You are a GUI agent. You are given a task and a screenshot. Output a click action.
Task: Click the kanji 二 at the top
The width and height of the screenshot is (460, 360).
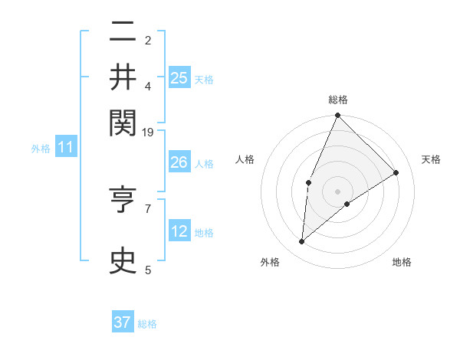tap(123, 32)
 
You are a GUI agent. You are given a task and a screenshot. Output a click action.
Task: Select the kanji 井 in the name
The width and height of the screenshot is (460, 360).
tap(123, 77)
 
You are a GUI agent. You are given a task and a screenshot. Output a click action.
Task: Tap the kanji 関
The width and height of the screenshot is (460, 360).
tap(123, 121)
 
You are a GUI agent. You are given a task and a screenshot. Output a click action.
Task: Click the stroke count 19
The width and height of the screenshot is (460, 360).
tap(148, 133)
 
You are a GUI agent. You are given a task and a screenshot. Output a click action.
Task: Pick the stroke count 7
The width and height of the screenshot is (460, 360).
tap(148, 208)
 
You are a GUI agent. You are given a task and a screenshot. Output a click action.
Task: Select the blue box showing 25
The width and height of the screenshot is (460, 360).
tap(179, 78)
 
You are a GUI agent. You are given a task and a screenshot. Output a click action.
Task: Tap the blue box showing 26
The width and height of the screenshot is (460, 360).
tap(179, 162)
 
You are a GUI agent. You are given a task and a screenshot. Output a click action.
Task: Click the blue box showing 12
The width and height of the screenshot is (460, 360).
tap(179, 231)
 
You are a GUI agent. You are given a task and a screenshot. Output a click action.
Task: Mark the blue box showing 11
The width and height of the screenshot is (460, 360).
tap(65, 148)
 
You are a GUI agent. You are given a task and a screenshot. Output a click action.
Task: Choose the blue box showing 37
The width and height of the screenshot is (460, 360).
tap(123, 322)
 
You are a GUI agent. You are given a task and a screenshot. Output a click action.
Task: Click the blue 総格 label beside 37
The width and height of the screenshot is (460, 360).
tap(147, 324)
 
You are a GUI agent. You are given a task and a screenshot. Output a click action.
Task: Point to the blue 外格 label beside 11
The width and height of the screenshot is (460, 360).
tap(41, 149)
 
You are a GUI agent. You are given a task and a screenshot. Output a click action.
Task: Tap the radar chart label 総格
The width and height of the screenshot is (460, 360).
tap(338, 100)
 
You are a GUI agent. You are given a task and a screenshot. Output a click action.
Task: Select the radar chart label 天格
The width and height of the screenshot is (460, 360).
tap(431, 159)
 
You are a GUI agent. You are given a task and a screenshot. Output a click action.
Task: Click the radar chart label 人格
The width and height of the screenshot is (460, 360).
tap(245, 159)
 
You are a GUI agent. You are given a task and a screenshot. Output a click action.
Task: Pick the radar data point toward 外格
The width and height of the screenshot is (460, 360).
tap(302, 242)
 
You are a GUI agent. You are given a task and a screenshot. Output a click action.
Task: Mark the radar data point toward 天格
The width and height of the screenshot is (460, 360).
tap(396, 172)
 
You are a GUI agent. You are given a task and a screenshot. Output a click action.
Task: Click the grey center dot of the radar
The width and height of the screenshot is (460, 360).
tap(338, 191)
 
